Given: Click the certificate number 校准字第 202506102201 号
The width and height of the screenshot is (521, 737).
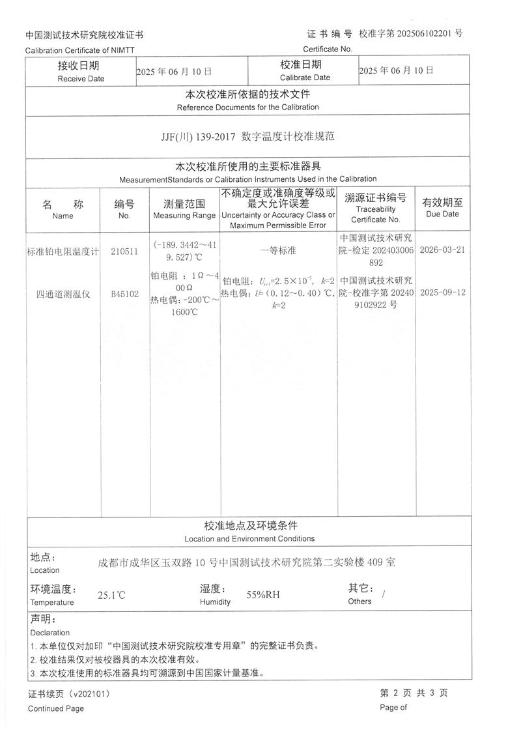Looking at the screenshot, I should (x=411, y=33).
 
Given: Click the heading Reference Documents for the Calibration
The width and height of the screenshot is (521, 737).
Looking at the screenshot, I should (x=247, y=107).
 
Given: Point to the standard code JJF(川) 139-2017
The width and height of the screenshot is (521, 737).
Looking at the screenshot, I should (x=199, y=137).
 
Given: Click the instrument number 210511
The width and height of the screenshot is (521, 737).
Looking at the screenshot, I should (x=124, y=252).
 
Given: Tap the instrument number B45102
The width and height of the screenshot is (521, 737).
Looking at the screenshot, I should (x=124, y=294).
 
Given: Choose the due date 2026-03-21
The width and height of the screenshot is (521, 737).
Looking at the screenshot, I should (x=442, y=250).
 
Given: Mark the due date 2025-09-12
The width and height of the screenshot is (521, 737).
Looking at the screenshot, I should (x=442, y=293).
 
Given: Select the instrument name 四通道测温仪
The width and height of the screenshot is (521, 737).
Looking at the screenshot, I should (x=63, y=294).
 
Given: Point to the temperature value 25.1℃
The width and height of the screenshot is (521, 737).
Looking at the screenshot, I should (x=111, y=595).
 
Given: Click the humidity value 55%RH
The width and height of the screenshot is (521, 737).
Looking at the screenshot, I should (x=263, y=595).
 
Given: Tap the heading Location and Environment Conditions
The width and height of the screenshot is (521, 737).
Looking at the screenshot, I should (x=249, y=539).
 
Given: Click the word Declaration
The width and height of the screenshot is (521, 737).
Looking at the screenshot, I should (x=50, y=632).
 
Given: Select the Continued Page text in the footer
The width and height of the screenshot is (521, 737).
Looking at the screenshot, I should (x=56, y=708).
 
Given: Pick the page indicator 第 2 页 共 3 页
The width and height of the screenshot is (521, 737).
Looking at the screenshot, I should (x=414, y=693).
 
